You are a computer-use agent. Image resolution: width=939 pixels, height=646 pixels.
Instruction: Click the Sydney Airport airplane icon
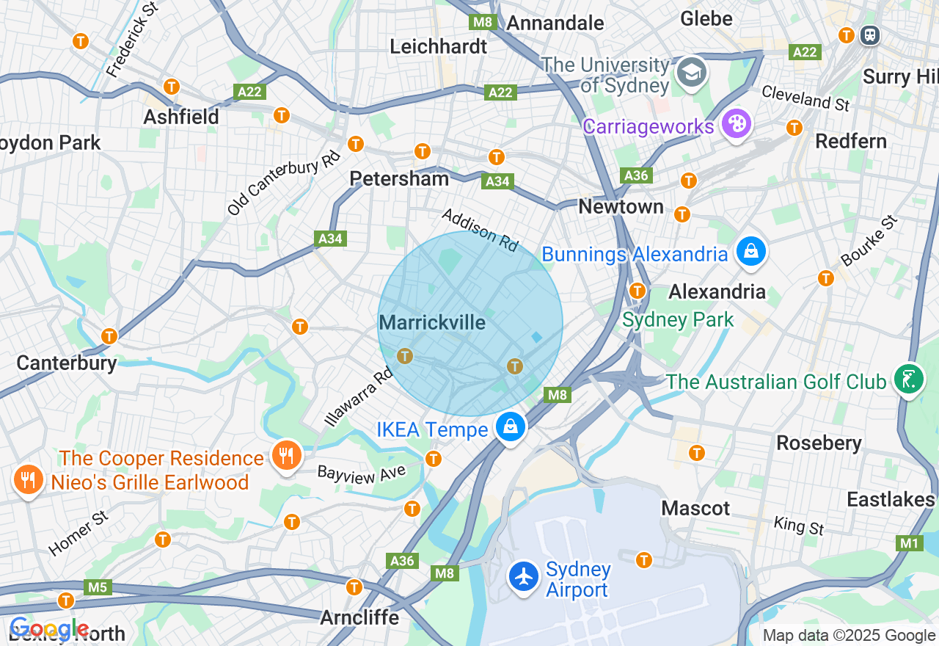click(x=524, y=577)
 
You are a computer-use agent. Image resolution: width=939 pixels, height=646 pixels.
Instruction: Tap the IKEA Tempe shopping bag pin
click(x=510, y=427)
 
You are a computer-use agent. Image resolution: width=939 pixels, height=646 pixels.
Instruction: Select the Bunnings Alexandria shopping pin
click(x=751, y=253)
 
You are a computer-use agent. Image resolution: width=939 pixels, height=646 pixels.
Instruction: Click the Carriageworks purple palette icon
click(x=736, y=124)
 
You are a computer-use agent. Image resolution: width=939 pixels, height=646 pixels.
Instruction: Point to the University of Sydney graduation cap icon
click(x=692, y=73)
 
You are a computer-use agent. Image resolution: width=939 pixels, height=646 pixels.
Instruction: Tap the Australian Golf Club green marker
click(x=908, y=380)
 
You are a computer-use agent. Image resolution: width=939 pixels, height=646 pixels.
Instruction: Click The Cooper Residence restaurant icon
click(x=286, y=457)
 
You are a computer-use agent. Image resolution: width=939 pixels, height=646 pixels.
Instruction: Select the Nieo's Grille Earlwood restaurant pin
click(x=27, y=480)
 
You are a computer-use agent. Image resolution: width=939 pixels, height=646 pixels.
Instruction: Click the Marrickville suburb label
click(x=432, y=322)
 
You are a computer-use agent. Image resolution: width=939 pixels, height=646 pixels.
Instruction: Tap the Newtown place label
click(x=621, y=206)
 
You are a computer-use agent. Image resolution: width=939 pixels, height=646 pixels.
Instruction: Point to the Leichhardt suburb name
click(x=438, y=46)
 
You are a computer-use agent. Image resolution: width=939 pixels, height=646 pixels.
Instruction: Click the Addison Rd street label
click(x=480, y=230)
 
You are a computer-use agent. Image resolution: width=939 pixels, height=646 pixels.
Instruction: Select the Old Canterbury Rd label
click(x=284, y=183)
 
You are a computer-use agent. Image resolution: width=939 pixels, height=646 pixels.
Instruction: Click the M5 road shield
click(x=97, y=587)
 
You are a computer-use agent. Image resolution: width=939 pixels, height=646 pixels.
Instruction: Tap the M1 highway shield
click(x=910, y=543)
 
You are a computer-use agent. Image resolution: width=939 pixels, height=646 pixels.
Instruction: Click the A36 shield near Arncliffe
click(x=402, y=561)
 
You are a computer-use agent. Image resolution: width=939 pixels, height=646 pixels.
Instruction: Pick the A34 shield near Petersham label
click(x=497, y=181)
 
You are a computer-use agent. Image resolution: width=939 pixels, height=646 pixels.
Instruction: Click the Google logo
click(x=49, y=630)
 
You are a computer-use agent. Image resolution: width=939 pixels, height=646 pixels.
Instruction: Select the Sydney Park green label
click(x=677, y=320)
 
